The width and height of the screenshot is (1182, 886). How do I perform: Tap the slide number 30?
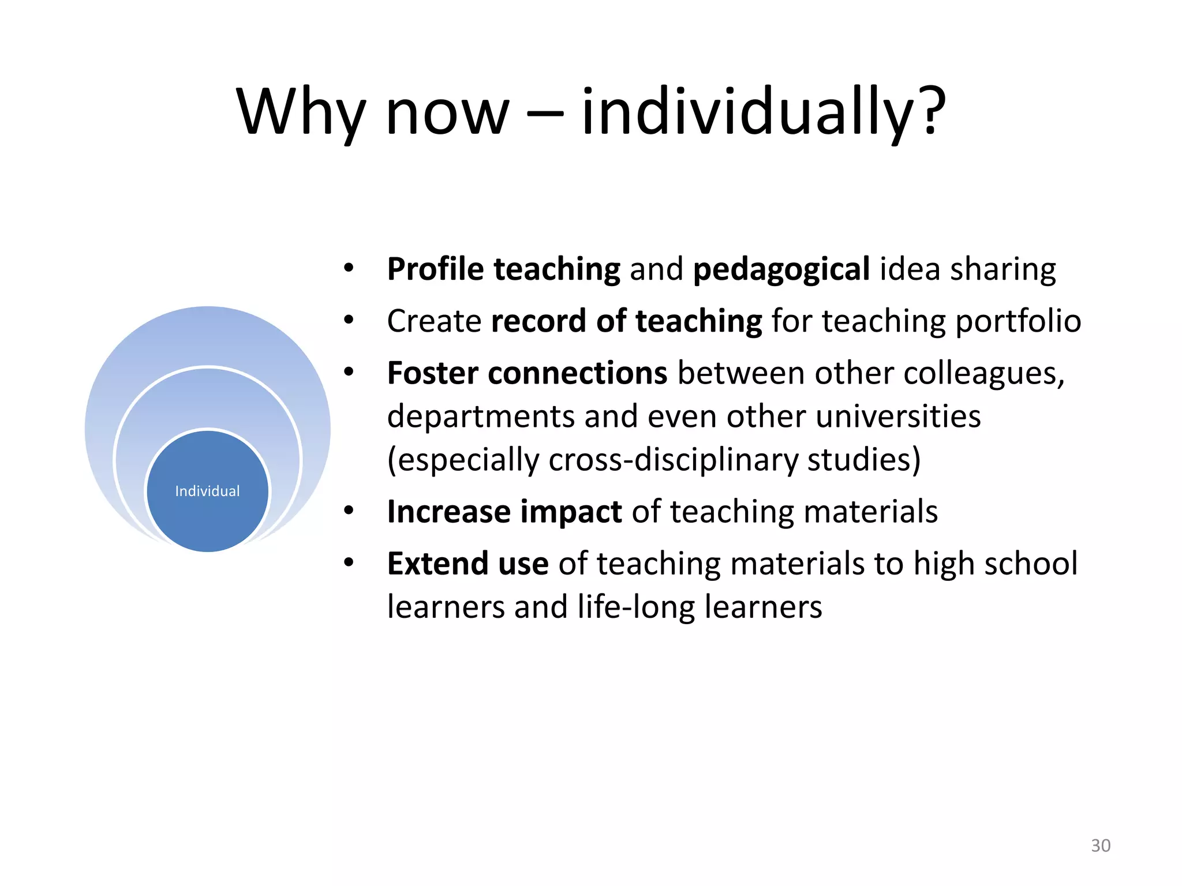click(1100, 846)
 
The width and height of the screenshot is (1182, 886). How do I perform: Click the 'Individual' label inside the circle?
click(207, 491)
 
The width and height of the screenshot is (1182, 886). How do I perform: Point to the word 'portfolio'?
click(1018, 321)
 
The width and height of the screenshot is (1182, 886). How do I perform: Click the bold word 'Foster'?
click(432, 373)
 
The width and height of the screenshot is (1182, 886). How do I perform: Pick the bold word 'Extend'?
click(437, 564)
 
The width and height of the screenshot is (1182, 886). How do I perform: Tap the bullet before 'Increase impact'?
click(348, 511)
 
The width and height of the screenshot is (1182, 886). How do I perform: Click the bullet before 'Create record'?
click(348, 321)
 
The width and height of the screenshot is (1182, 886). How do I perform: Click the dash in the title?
click(545, 112)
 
